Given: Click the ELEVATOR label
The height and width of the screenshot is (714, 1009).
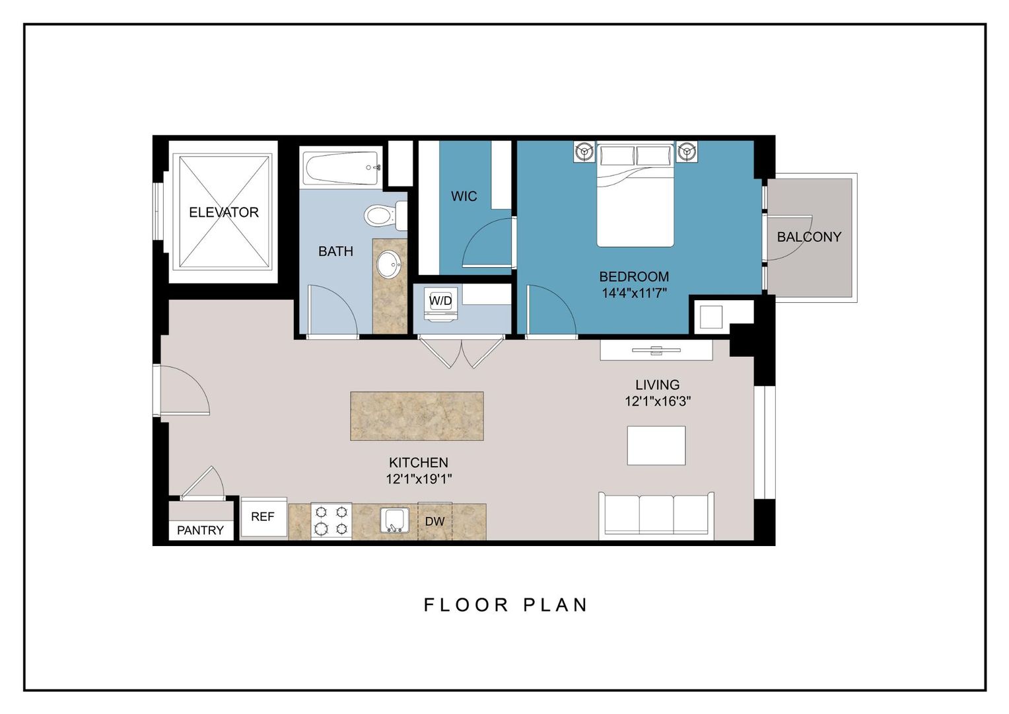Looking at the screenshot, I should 223,212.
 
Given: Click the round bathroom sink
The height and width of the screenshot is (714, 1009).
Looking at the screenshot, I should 389,266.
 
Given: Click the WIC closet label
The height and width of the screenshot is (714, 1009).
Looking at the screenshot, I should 464,196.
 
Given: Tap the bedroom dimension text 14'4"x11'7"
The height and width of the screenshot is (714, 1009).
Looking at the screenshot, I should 634,293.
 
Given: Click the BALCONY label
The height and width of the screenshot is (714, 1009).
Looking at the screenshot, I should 809,237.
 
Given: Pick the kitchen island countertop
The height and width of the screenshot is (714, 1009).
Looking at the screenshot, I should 417,416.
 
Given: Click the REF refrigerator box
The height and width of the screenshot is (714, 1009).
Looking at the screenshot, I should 263,517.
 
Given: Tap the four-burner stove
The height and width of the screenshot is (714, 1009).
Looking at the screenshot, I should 331,520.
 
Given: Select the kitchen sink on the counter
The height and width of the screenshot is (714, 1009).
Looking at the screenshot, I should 395,520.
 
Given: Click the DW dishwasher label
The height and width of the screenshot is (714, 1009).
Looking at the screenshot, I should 435,522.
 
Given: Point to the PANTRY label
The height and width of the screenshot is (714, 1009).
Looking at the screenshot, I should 200,530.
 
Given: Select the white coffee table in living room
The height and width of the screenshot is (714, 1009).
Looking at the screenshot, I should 656,445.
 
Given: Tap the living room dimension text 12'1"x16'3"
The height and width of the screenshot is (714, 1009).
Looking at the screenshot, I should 658,401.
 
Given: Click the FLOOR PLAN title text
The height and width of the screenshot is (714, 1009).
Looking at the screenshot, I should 505,605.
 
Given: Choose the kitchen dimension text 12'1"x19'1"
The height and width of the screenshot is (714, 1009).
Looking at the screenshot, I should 419,479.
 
